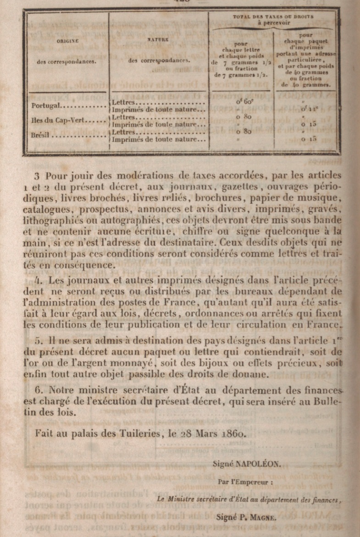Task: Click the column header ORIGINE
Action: [x=67, y=41]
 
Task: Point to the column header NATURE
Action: [x=159, y=40]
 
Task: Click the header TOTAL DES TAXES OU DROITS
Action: [x=273, y=17]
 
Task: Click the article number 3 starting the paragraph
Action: [x=37, y=176]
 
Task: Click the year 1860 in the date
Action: [x=234, y=432]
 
